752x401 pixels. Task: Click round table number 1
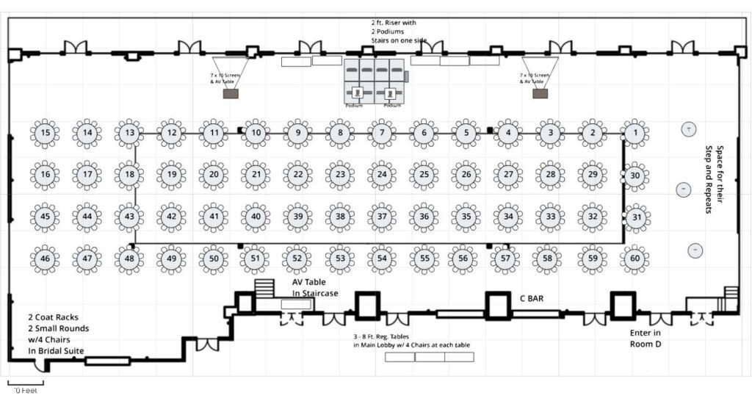pyautogui.click(x=634, y=133)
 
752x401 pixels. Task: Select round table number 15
pyautogui.click(x=46, y=133)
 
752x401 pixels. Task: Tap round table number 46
pyautogui.click(x=46, y=259)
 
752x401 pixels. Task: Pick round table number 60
pyautogui.click(x=634, y=259)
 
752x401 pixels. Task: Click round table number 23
pyautogui.click(x=340, y=175)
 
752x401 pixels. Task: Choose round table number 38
pyautogui.click(x=340, y=217)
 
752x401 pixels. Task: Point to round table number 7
pyautogui.click(x=382, y=133)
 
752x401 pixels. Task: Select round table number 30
pyautogui.click(x=636, y=176)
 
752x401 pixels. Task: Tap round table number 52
pyautogui.click(x=297, y=259)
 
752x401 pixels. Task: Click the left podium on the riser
pyautogui.click(x=357, y=93)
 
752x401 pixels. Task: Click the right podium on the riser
pyautogui.click(x=391, y=93)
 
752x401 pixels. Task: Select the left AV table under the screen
pyautogui.click(x=231, y=94)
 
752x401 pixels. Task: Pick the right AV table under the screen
pyautogui.click(x=540, y=94)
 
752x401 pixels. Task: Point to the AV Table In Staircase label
pyautogui.click(x=315, y=288)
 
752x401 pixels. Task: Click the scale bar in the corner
pyautogui.click(x=26, y=383)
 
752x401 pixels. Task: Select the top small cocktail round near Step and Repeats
pyautogui.click(x=689, y=129)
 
